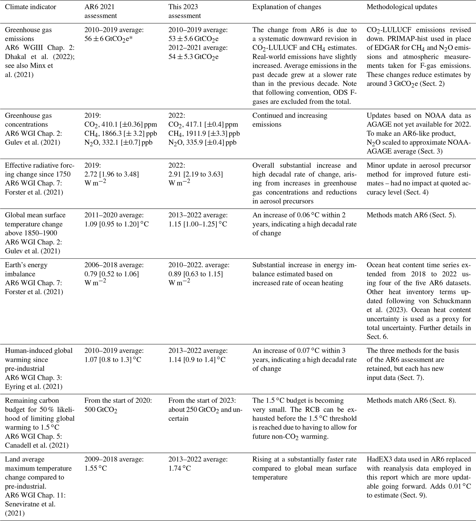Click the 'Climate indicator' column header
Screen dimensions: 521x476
coord(30,7)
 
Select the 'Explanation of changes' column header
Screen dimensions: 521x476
coord(287,7)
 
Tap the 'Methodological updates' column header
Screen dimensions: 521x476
coord(402,7)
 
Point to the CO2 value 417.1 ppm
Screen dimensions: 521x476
coord(203,125)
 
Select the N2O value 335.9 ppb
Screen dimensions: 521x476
coord(202,142)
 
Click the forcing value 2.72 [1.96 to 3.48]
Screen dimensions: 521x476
coord(112,174)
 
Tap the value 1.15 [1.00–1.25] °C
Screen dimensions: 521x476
coord(198,224)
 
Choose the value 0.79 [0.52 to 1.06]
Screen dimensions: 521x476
coord(112,274)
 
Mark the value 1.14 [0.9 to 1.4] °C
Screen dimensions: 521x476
coord(197,360)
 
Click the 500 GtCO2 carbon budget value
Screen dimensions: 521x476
coord(101,410)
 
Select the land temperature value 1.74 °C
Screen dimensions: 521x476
coord(179,468)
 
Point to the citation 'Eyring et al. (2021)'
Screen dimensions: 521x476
coord(34,387)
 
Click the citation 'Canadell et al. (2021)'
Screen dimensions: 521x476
coord(37,445)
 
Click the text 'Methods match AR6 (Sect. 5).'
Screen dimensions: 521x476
coord(411,215)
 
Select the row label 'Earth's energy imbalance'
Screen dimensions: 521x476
coord(26,269)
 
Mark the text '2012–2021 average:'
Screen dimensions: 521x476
coord(198,48)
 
